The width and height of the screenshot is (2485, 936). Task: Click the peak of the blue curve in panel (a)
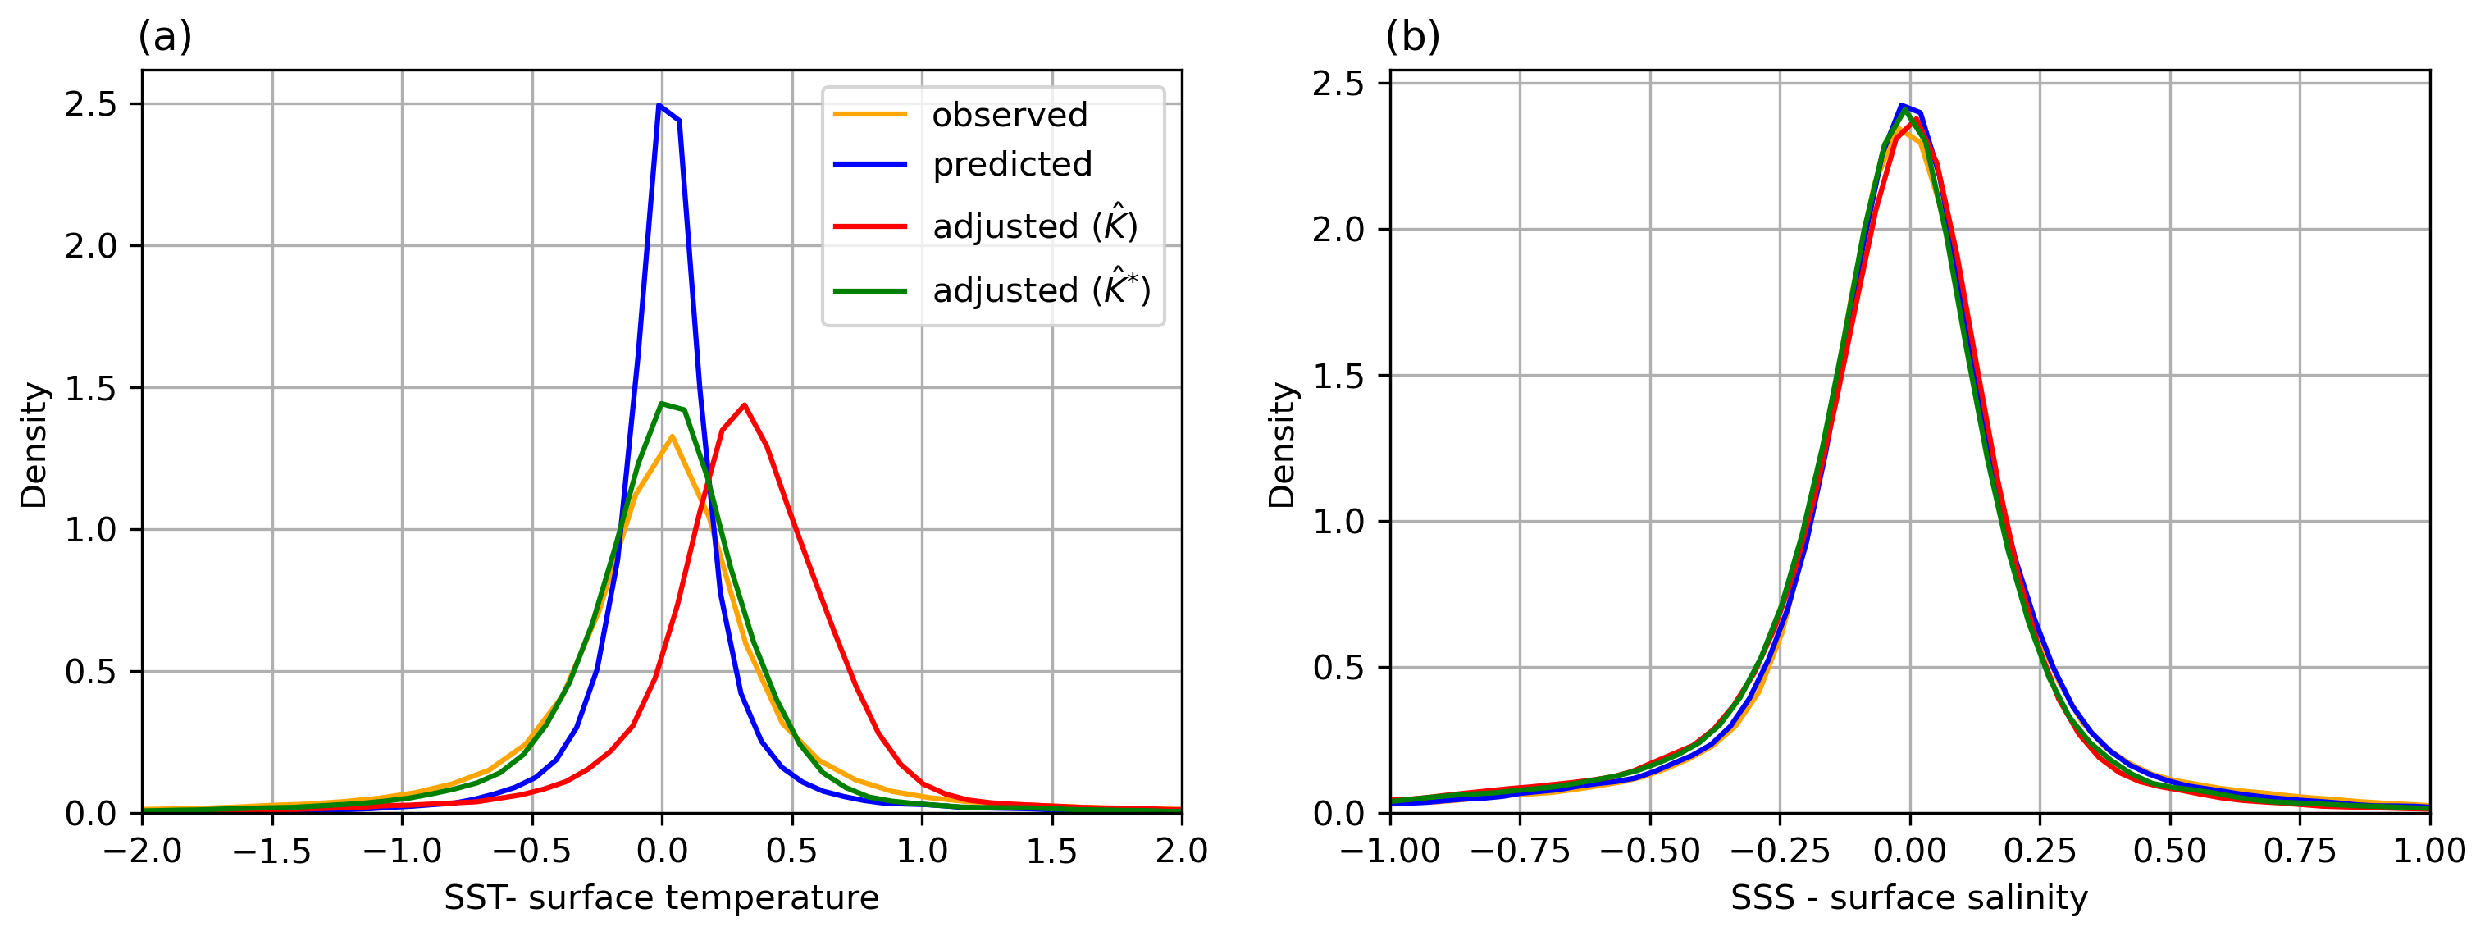pos(659,104)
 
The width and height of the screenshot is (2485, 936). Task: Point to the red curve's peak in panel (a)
pos(744,404)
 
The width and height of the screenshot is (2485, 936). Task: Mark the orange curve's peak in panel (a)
pos(672,436)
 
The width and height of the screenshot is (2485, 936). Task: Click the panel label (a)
pos(165,37)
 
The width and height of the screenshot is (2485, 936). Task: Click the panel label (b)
pos(1412,37)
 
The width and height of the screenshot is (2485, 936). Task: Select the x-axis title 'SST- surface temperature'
pos(661,898)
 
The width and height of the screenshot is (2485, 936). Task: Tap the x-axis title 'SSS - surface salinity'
pos(1909,898)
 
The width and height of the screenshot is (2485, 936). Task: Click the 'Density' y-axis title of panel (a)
pos(34,445)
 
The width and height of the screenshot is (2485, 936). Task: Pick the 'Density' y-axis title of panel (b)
pos(1282,445)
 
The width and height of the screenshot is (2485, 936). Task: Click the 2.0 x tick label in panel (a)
pos(1181,851)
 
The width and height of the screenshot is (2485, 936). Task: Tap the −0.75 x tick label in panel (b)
pos(1520,851)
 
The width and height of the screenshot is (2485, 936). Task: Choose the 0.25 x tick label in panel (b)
pos(2040,851)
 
